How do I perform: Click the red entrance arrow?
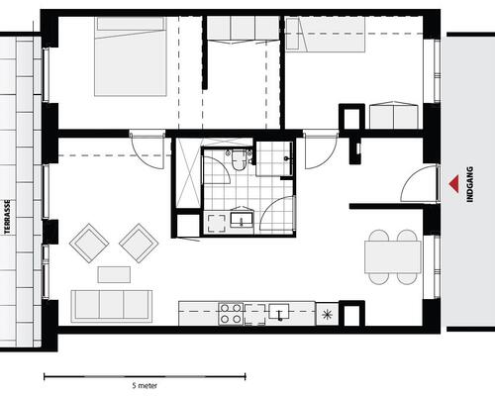pyautogui.click(x=455, y=184)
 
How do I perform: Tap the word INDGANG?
pyautogui.click(x=470, y=184)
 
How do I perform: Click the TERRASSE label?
pyautogui.click(x=7, y=217)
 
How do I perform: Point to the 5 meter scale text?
pyautogui.click(x=145, y=385)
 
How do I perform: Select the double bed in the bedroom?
pyautogui.click(x=131, y=56)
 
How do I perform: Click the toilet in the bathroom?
pyautogui.click(x=238, y=160)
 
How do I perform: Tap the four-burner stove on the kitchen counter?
pyautogui.click(x=231, y=314)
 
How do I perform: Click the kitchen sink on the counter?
pyautogui.click(x=279, y=312)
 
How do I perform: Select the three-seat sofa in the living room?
pyautogui.click(x=112, y=306)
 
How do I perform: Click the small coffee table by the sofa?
pyautogui.click(x=114, y=274)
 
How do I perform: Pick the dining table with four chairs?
pyautogui.click(x=393, y=257)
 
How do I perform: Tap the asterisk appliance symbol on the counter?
pyautogui.click(x=327, y=314)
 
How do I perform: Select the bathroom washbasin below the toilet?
pyautogui.click(x=242, y=219)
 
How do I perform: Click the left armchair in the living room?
pyautogui.click(x=89, y=244)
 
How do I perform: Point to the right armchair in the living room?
pyautogui.click(x=139, y=244)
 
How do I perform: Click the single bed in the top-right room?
pyautogui.click(x=325, y=35)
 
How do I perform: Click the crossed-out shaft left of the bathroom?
pyautogui.click(x=188, y=173)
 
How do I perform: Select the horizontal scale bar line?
pyautogui.click(x=145, y=376)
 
